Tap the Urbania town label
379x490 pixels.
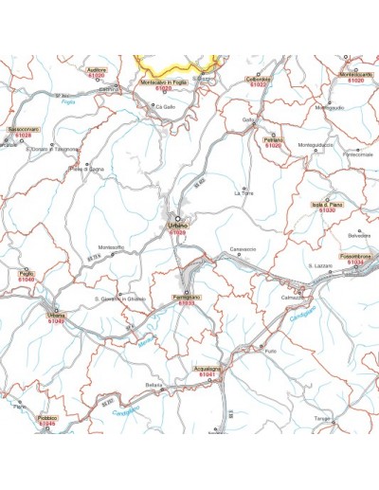(58, 315)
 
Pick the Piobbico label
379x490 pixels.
(48, 417)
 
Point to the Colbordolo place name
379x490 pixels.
(259, 79)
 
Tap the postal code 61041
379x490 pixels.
(208, 377)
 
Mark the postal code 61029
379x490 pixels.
(177, 232)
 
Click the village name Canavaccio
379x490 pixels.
(244, 248)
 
